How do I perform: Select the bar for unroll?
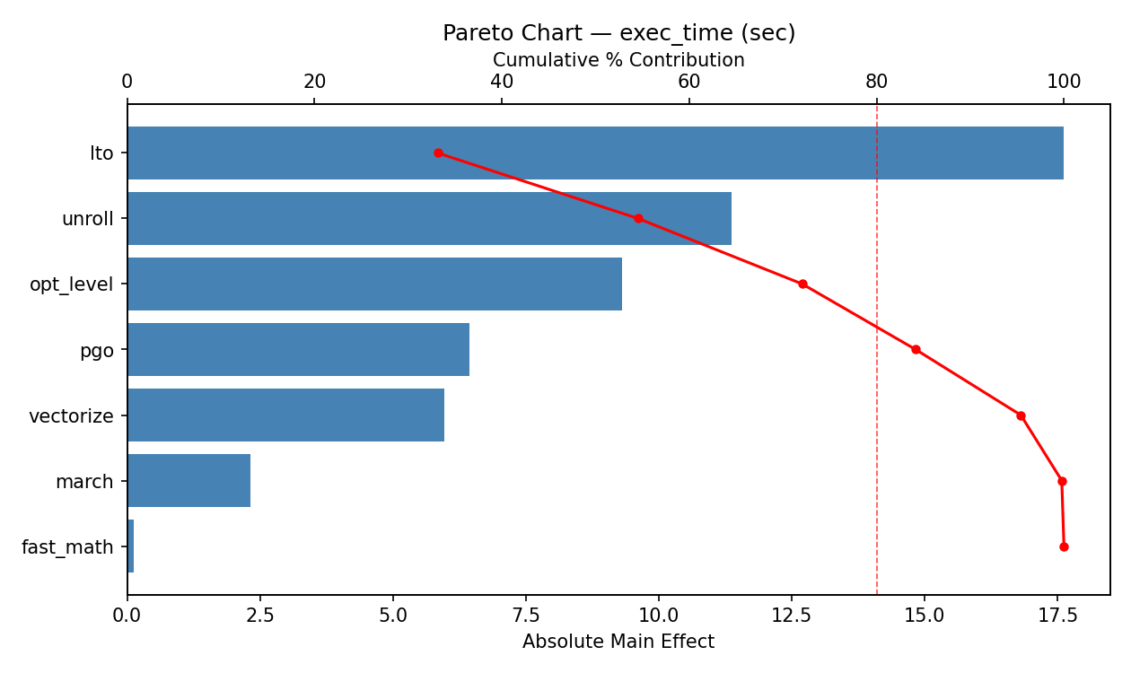point(429,218)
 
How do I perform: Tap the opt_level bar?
point(374,284)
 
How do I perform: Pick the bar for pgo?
point(298,349)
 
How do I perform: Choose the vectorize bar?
point(285,415)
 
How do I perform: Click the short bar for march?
point(188,480)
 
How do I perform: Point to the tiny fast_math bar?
point(130,546)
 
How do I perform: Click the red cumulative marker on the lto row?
point(438,153)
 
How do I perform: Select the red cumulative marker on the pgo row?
point(916,349)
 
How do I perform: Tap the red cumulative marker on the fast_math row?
point(1064,546)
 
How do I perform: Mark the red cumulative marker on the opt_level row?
point(802,284)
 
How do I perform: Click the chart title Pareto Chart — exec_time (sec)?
point(618,33)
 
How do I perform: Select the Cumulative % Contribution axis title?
point(618,60)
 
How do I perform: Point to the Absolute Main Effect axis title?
point(618,642)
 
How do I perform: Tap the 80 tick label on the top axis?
point(877,82)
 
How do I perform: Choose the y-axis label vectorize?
point(71,416)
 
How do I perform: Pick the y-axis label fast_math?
point(67,547)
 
